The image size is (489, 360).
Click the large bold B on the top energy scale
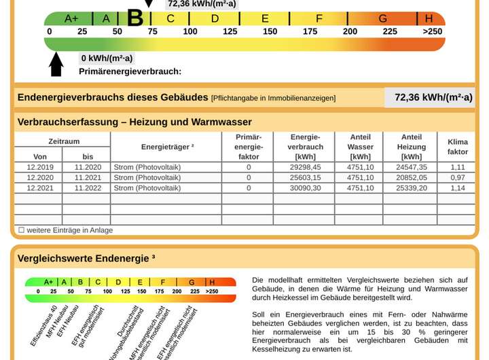tap(135, 17)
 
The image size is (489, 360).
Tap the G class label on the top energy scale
tap(383, 18)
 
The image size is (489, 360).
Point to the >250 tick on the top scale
tap(432, 31)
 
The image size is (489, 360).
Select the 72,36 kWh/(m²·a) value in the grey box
tap(433, 97)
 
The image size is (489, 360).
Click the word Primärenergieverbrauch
tap(130, 71)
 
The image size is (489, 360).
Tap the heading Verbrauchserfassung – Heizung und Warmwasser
tap(134, 122)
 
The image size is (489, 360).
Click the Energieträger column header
tap(168, 147)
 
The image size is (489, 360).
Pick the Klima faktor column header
tap(458, 147)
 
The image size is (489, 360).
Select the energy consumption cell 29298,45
tap(306, 167)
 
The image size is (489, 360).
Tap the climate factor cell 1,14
tap(458, 187)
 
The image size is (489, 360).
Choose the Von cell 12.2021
tap(40, 187)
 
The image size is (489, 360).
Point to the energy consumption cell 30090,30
tap(306, 187)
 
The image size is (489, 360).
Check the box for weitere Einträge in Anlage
tap(21, 230)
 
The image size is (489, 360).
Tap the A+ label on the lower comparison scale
tap(49, 282)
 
